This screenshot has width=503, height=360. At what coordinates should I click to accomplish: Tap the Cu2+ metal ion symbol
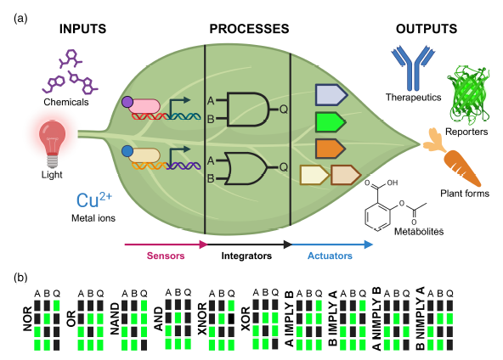[x=94, y=200]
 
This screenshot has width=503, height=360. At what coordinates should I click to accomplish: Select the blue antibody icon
[x=413, y=68]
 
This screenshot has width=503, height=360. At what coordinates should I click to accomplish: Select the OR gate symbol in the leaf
[x=246, y=168]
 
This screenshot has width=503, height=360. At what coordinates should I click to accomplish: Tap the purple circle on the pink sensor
[x=127, y=102]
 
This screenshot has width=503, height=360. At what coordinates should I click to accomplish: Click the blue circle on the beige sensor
[x=127, y=151]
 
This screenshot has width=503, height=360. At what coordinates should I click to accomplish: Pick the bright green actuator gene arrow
[x=331, y=122]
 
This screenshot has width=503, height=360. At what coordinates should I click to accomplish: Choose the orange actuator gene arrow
[x=331, y=149]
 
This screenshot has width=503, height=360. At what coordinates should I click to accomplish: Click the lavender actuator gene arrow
[x=331, y=95]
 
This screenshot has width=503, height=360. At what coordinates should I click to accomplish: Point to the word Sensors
[x=166, y=256]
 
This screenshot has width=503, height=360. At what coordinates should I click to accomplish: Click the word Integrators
[x=246, y=256]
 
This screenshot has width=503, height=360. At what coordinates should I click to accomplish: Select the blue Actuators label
[x=330, y=256]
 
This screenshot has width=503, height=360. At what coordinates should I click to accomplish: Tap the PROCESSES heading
[x=249, y=29]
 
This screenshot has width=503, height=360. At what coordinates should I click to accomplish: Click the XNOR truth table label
[x=202, y=318]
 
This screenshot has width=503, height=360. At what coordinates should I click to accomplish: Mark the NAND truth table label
[x=115, y=319]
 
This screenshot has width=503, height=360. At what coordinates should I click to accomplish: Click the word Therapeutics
[x=413, y=97]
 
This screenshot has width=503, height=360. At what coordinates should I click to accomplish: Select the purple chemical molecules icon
[x=70, y=72]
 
